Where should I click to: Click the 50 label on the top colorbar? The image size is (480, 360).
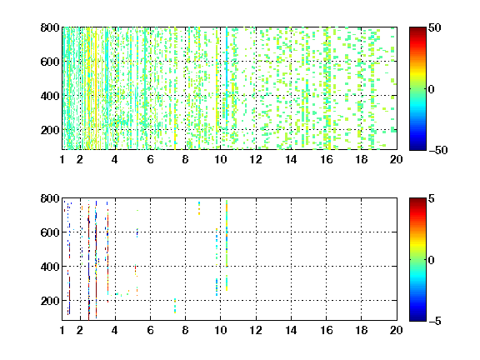point(434,27)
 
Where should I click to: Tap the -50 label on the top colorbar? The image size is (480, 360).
point(437,150)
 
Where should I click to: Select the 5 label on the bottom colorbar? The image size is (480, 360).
point(432,198)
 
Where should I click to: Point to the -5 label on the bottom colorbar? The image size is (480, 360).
point(435,321)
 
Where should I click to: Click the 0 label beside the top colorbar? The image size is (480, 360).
point(431,89)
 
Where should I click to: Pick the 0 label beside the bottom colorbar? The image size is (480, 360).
point(431,260)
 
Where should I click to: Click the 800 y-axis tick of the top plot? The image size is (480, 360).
point(50,27)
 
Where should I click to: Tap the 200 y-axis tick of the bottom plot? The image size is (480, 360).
point(50,301)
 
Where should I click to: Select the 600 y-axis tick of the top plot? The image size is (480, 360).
point(50,62)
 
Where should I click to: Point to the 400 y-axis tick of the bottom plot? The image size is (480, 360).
point(50,267)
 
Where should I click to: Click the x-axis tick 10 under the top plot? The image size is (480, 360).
point(220,159)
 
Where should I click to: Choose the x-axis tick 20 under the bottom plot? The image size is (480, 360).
point(396,330)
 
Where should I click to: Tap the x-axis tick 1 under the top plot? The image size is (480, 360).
point(62,159)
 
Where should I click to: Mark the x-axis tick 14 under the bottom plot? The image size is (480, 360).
point(291,330)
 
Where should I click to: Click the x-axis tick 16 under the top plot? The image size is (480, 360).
point(327,159)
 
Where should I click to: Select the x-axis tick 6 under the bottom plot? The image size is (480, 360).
point(150,330)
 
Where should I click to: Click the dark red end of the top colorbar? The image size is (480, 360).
point(417,30)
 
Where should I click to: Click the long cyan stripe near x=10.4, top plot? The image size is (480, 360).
point(227,73)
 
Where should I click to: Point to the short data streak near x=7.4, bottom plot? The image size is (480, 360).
point(175,306)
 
